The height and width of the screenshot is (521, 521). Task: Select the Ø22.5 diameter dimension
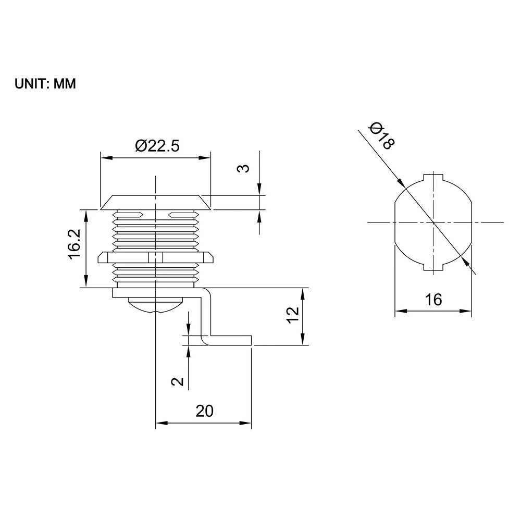point(157,146)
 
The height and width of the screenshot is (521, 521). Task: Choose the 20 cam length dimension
point(205,411)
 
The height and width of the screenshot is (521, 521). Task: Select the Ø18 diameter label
point(380,134)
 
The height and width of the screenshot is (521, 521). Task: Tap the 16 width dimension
point(433,300)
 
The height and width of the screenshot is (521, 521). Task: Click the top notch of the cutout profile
point(433,177)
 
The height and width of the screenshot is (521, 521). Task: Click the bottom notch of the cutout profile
point(433,267)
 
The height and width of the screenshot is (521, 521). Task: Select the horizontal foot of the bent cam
point(231,341)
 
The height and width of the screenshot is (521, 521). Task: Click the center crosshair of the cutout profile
point(433,222)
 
